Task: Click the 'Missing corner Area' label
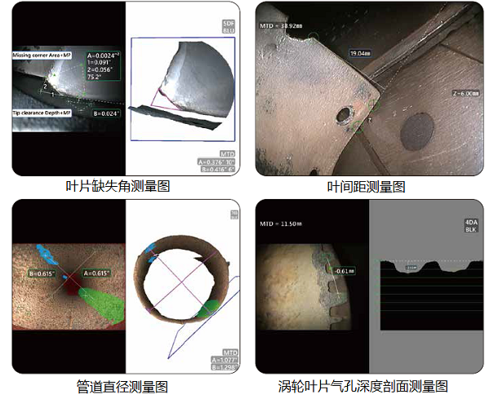coord(42,55)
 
